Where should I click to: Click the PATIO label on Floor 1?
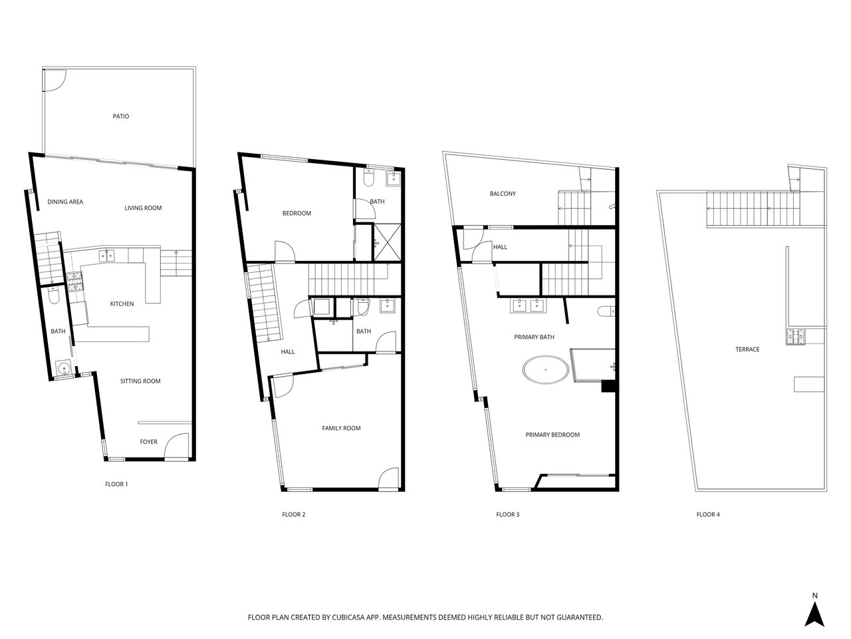120,116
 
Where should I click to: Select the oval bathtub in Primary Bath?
545,369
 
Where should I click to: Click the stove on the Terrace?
795,336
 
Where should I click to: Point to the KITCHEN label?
122,304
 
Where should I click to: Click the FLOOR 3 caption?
507,515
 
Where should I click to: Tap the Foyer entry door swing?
177,446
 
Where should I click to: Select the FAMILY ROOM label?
341,428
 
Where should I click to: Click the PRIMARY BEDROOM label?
552,435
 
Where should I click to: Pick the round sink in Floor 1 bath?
62,367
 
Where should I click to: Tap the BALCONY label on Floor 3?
503,194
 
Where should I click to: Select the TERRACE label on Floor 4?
747,349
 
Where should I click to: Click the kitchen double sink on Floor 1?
106,256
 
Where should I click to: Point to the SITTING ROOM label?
140,381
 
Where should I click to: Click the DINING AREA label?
65,202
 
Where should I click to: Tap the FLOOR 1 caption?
116,484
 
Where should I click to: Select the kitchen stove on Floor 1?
75,282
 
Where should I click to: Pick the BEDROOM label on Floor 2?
297,214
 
